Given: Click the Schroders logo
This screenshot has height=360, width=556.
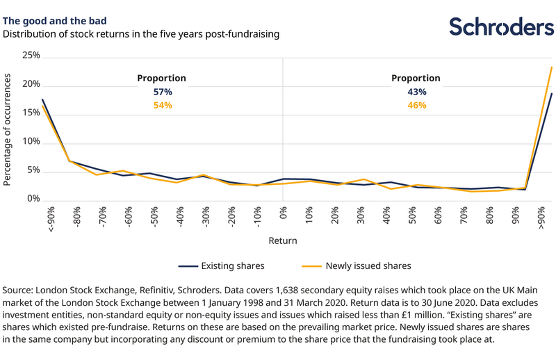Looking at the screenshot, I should pos(500,26).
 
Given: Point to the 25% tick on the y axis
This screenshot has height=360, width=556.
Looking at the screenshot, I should pos(31,55).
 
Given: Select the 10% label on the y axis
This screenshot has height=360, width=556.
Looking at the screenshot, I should pos(31,142).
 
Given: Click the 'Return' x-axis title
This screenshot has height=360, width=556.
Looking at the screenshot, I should pos(283,241).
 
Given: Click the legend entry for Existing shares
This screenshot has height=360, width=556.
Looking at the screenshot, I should pos(221,265).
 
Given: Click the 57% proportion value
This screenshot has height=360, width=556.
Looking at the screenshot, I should pos(161,92).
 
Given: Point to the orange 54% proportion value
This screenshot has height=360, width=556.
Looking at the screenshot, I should pos(161,105).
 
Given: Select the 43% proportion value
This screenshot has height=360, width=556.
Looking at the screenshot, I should pos(416,92).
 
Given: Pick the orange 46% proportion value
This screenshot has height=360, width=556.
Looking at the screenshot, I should pos(416,105).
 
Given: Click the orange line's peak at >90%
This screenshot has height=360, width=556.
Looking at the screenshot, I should pos(551,67).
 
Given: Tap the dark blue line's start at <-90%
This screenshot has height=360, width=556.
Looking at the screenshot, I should pos(43,100).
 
